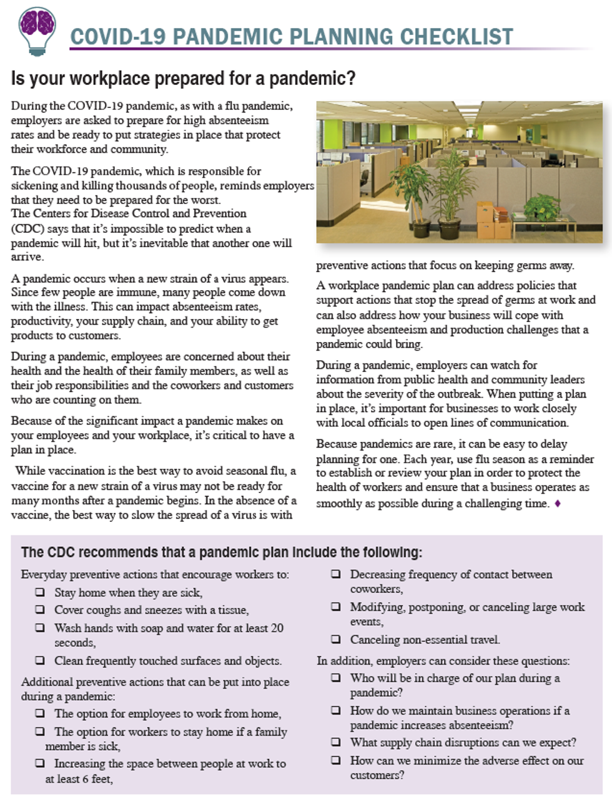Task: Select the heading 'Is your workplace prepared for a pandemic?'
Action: pos(183,79)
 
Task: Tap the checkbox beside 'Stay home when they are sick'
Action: pos(40,592)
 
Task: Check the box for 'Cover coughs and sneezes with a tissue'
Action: pos(40,610)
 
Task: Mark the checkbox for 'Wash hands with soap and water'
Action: pos(40,628)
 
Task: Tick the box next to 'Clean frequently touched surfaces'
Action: pos(40,660)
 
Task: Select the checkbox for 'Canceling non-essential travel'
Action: pos(336,639)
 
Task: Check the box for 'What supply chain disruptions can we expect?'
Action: pos(336,742)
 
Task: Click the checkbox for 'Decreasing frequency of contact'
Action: pos(336,574)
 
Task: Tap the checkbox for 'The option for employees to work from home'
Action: pos(40,713)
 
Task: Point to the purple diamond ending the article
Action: pos(558,503)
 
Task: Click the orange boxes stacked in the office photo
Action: pos(494,221)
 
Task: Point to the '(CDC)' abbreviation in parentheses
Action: pos(27,228)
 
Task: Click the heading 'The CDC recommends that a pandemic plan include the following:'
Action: pos(221,552)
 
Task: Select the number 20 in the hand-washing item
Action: pos(277,628)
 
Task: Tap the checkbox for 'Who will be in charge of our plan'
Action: pos(336,678)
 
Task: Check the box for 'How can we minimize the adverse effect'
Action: pos(336,760)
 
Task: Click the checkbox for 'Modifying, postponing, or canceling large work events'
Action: pos(336,607)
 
